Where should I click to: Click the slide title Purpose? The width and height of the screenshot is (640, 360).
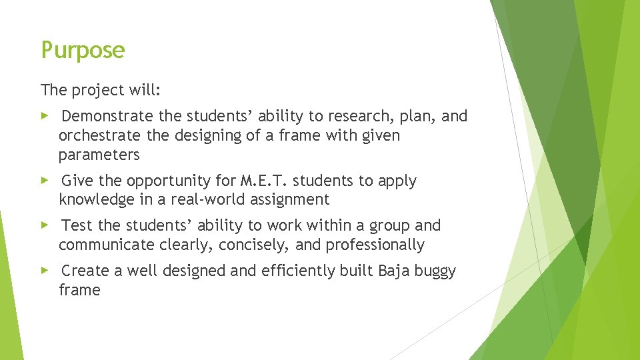(83, 51)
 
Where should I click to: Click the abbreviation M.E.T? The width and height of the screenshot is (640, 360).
(264, 181)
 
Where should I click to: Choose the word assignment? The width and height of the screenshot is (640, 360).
(293, 200)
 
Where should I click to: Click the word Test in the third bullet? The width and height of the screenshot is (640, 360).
(77, 226)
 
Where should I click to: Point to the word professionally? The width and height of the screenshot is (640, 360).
(375, 245)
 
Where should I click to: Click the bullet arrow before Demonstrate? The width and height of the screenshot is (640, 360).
(45, 116)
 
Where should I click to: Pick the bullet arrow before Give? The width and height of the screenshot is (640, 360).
(45, 180)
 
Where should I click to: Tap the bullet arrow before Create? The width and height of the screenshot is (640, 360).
(45, 271)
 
